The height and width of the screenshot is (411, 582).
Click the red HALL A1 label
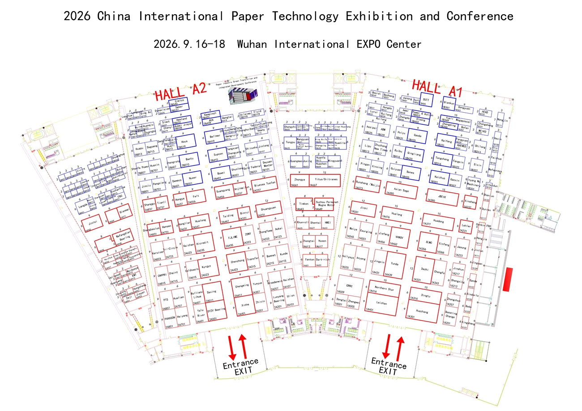(436, 89)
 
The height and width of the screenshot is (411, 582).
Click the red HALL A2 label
(180, 92)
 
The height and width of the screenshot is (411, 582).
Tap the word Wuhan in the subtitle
(253, 44)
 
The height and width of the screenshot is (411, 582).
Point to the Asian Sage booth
(402, 190)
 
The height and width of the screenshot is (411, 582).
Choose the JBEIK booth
(442, 197)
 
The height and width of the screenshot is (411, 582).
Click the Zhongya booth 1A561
(300, 180)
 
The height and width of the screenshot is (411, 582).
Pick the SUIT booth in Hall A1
(426, 100)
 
